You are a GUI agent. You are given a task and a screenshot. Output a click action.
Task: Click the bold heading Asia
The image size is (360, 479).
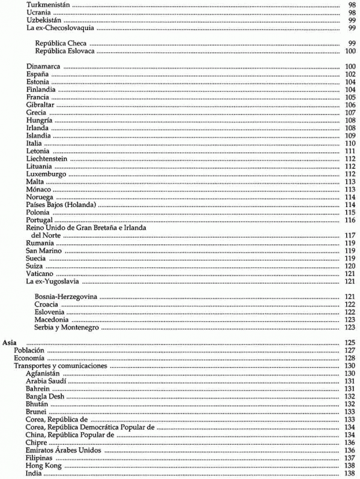pos(10,342)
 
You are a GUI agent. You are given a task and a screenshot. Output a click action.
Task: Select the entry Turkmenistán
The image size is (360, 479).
pos(46,5)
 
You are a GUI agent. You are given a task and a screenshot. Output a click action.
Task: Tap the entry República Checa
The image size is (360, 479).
pos(61,44)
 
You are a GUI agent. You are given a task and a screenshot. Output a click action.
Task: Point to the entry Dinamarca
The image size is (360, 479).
pos(43,66)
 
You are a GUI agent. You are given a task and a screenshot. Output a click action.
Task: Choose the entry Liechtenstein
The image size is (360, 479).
pos(47,159)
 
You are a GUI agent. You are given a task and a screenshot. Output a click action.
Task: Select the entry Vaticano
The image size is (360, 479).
pos(41,274)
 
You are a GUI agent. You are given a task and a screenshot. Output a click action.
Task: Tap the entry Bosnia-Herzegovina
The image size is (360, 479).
pos(67,297)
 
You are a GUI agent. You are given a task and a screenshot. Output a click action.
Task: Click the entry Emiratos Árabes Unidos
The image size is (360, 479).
pos(62,450)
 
